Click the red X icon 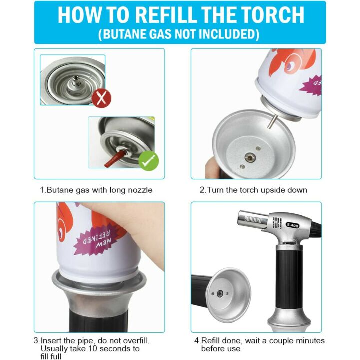102,97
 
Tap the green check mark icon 149,160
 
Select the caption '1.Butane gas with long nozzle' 96,190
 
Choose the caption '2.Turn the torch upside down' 253,190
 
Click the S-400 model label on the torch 292,224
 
